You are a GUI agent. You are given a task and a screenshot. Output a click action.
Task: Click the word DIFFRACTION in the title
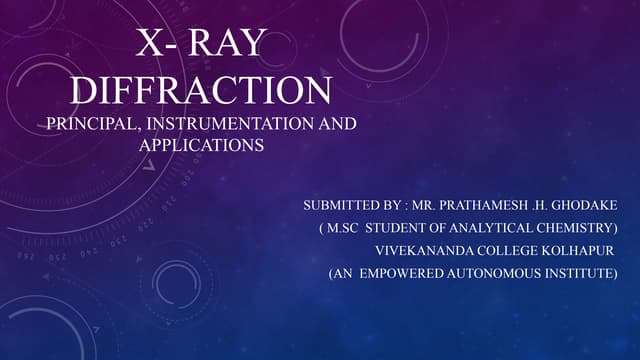click(x=203, y=90)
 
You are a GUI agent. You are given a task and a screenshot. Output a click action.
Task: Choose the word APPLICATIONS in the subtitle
click(x=201, y=144)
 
